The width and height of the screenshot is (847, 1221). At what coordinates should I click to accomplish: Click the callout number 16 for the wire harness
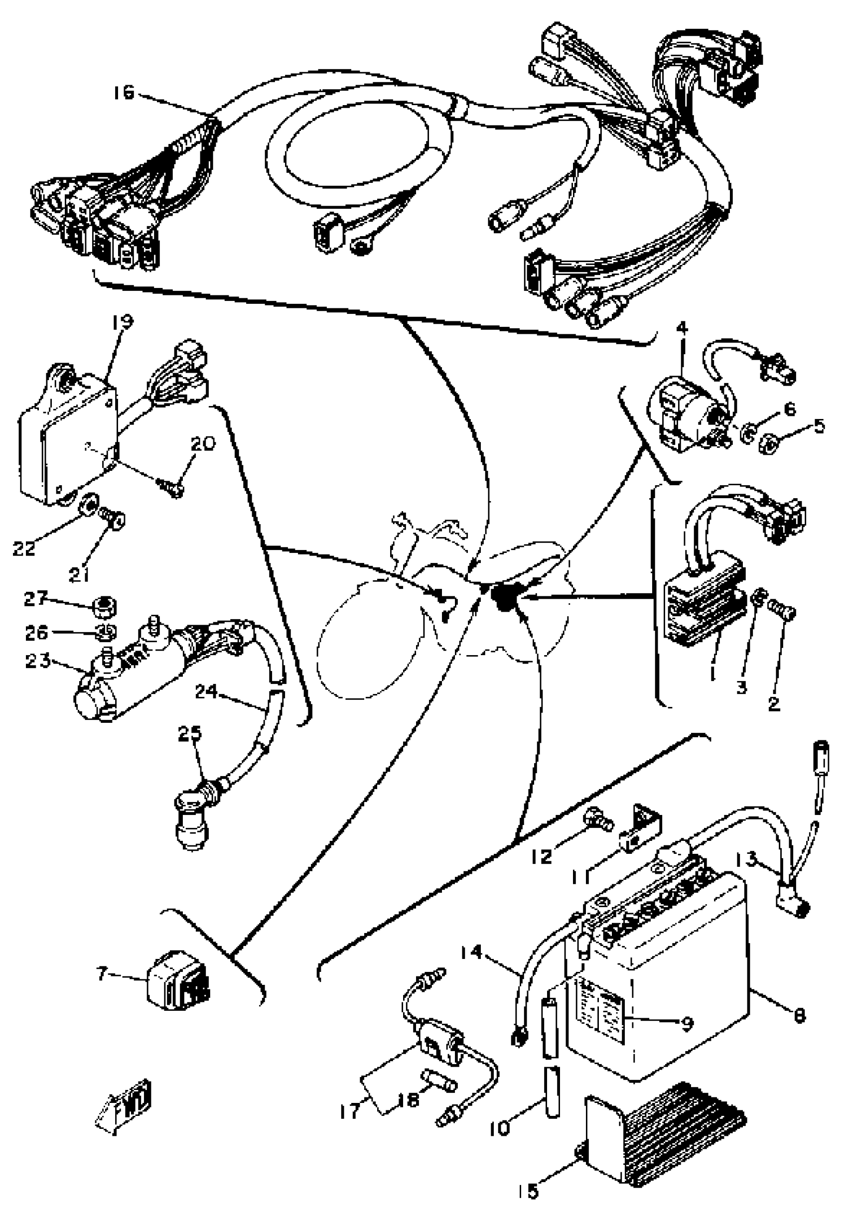pos(123,93)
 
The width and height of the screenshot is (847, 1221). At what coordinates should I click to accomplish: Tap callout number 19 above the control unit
pos(123,322)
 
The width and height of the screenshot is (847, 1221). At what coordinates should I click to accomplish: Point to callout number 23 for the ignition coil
pos(38,661)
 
